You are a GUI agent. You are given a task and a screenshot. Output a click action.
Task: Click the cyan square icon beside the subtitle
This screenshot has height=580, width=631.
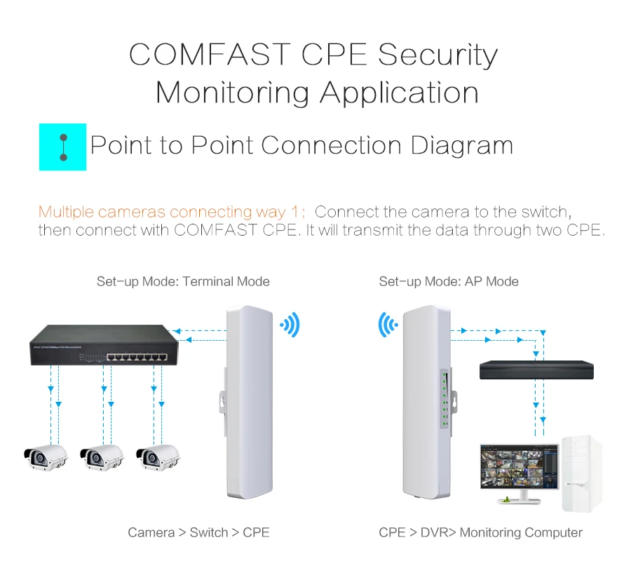[62, 147]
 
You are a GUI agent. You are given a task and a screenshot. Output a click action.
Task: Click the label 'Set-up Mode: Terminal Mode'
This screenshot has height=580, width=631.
[183, 281]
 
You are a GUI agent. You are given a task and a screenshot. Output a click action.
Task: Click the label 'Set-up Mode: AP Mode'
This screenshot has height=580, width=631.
[449, 281]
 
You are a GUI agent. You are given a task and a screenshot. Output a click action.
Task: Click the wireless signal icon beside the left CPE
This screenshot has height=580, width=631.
[290, 325]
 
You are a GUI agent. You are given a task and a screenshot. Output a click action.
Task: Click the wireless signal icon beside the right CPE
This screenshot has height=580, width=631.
[388, 325]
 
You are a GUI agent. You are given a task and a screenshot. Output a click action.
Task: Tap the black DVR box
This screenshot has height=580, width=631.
[536, 370]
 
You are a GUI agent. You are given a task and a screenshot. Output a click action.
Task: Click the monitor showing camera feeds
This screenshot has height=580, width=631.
[519, 466]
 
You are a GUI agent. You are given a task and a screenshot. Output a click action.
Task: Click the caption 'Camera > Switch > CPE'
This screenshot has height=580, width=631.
[198, 532]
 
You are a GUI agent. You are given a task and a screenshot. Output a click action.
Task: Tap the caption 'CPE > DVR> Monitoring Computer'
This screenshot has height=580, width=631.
[480, 532]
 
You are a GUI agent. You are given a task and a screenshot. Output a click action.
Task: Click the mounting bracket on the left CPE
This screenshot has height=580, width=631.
[219, 407]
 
